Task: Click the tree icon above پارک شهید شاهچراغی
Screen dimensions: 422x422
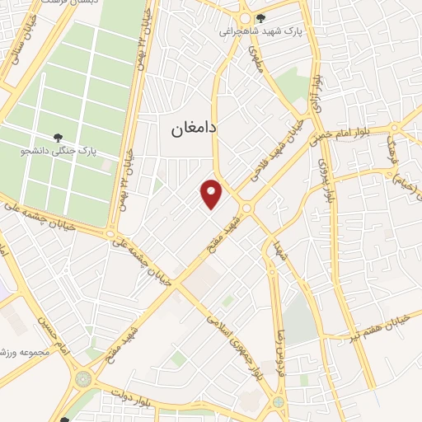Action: (x=262, y=18)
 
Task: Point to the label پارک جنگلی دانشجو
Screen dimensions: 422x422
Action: (x=82, y=152)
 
